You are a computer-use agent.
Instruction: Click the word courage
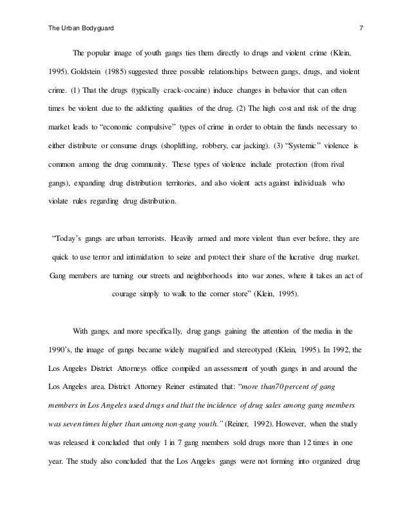[x=126, y=296]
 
